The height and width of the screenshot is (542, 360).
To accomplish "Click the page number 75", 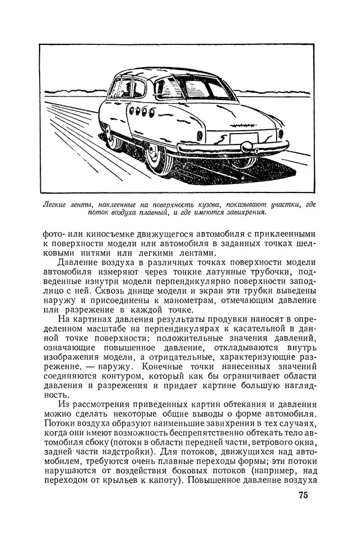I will (302, 495).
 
